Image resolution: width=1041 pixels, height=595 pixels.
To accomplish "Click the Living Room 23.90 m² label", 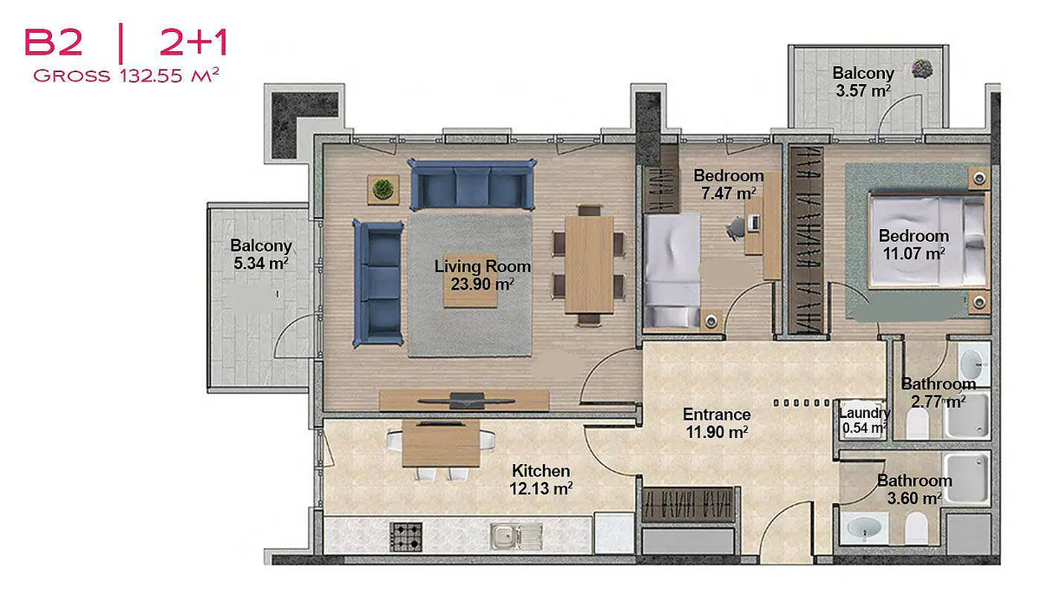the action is [482, 275].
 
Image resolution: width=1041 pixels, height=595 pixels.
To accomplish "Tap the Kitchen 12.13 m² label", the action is [541, 480].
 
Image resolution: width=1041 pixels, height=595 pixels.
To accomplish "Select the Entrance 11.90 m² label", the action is [717, 423].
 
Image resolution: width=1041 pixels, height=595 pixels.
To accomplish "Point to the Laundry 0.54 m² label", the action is [864, 421].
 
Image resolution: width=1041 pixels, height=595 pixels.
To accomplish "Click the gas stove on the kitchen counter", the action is [406, 537].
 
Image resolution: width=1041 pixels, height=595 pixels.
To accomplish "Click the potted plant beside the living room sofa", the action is [383, 189].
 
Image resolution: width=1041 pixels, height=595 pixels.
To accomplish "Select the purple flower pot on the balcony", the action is [921, 69].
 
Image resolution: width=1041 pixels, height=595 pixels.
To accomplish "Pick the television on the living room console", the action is [466, 401].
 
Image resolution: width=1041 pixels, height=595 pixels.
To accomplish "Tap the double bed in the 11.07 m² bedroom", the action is [927, 240].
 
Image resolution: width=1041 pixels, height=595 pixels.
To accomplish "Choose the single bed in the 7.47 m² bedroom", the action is [672, 271].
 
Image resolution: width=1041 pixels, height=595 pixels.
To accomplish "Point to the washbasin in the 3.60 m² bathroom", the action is [864, 528].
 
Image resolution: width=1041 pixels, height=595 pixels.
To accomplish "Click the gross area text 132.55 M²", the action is [168, 75].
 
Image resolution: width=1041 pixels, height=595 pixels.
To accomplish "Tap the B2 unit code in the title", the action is [54, 42].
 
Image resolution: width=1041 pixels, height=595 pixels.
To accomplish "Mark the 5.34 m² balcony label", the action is [261, 254].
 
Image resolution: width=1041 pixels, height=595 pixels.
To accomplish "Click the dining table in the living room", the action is [589, 265].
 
